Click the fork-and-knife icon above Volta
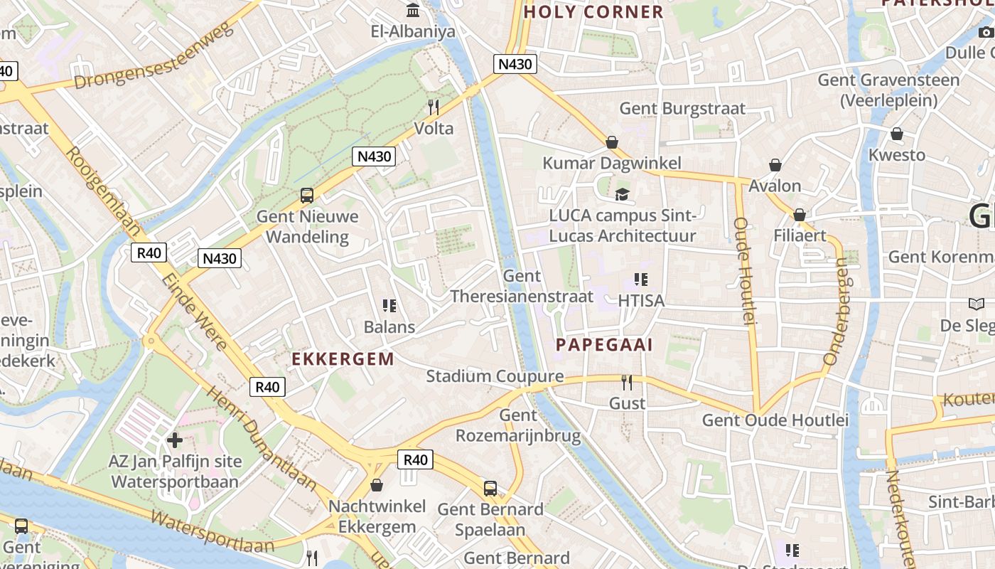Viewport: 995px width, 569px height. (433, 107)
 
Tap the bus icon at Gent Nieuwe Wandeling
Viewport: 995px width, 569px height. (307, 195)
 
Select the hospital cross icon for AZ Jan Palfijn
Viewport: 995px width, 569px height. (175, 440)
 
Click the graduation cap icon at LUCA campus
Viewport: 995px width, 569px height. (623, 194)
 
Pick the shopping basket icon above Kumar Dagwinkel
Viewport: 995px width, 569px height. (612, 142)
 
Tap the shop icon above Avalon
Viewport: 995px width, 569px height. (775, 166)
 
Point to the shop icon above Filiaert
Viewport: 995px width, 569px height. (800, 215)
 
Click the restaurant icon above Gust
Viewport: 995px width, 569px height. (627, 383)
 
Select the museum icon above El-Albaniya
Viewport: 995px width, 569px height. (413, 11)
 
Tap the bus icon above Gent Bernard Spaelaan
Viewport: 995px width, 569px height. (490, 489)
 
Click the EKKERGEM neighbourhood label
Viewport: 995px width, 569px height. (343, 359)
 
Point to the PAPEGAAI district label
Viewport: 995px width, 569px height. (604, 345)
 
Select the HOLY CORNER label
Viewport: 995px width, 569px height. (593, 12)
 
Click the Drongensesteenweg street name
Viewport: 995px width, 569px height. (154, 57)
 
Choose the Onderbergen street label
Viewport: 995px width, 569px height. (837, 312)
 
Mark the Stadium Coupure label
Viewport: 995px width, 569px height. (495, 376)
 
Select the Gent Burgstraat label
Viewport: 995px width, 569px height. (682, 109)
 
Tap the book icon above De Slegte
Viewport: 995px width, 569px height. (977, 304)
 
